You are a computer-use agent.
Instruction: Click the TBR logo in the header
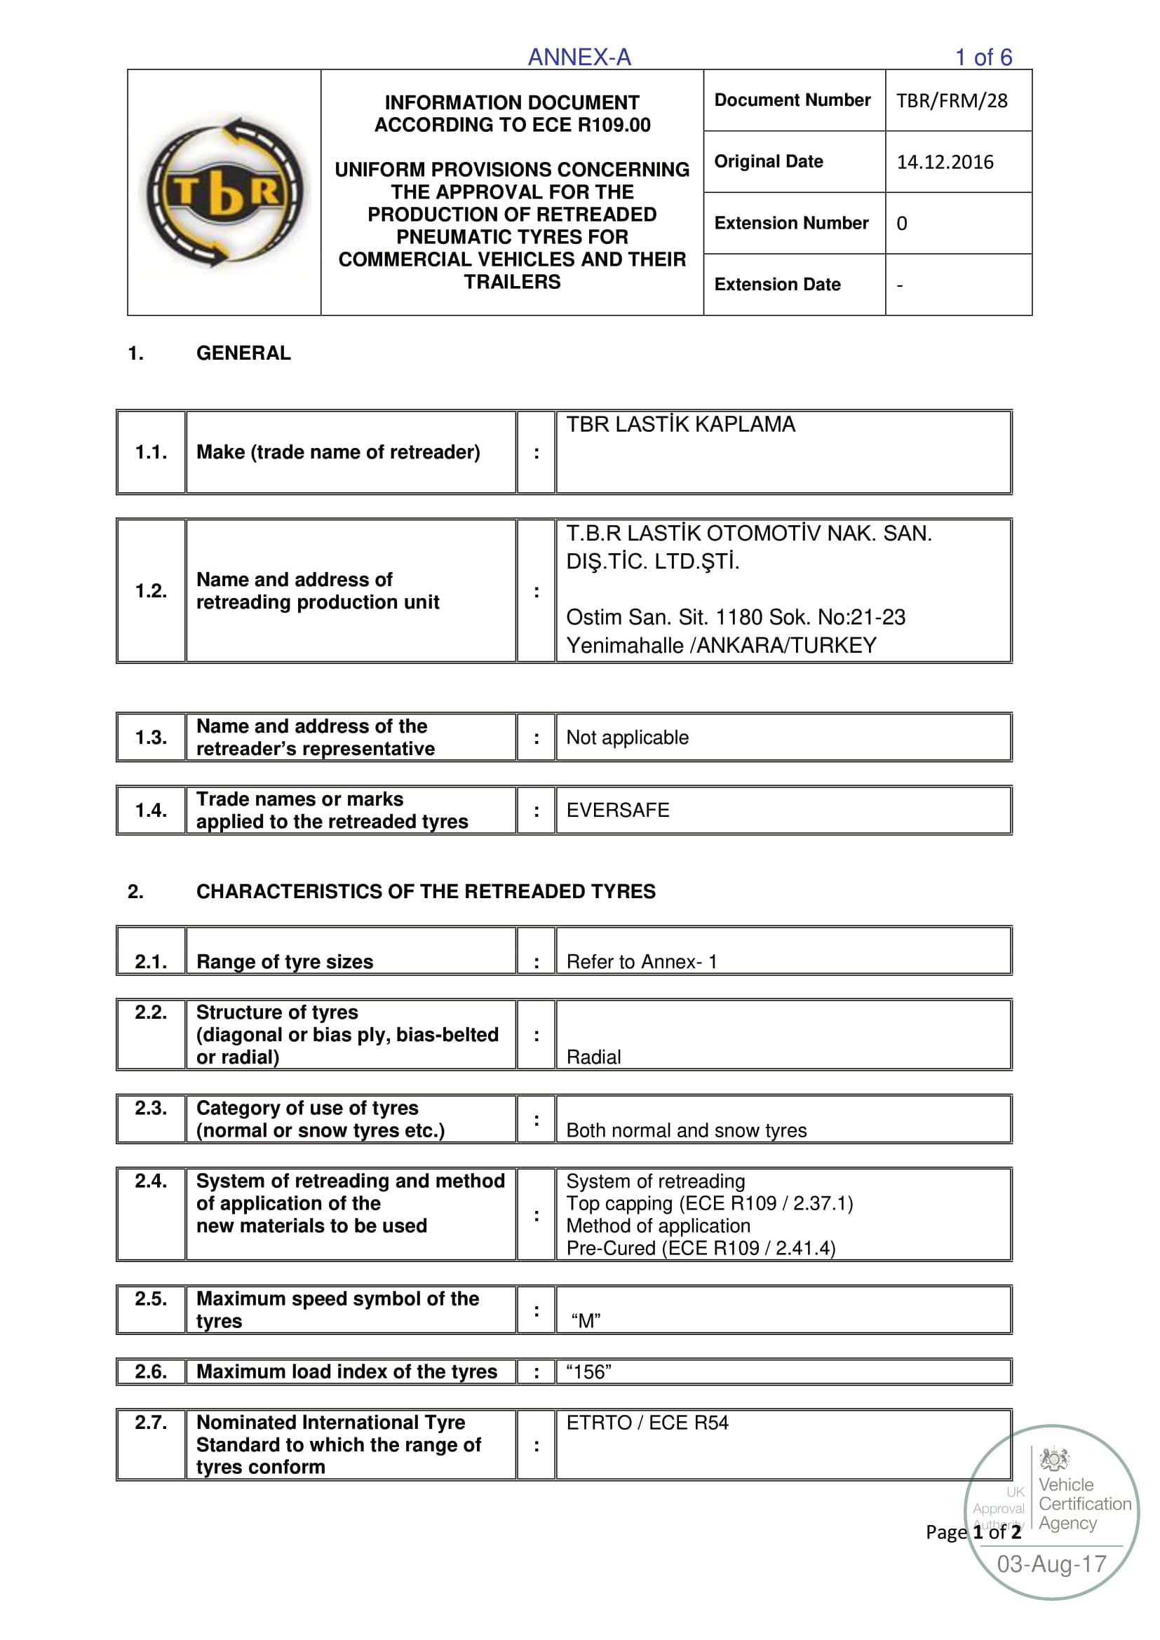click(224, 192)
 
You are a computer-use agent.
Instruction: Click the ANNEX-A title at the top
click(579, 57)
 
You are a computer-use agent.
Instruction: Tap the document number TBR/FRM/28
click(952, 101)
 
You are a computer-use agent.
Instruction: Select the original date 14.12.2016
click(944, 162)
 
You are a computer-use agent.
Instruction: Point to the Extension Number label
click(790, 223)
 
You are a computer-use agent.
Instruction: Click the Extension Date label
click(777, 284)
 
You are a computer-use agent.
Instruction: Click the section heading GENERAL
click(243, 353)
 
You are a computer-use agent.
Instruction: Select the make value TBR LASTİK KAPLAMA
click(680, 424)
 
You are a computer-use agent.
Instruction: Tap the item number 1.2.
click(151, 590)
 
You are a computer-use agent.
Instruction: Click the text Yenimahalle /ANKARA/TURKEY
click(721, 645)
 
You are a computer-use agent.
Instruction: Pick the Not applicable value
click(627, 737)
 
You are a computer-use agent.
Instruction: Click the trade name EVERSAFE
click(617, 810)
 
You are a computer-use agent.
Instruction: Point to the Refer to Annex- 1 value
click(641, 961)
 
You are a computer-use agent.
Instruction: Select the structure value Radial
click(593, 1057)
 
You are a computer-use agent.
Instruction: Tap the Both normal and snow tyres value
click(686, 1130)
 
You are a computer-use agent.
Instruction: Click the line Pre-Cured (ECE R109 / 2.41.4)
click(700, 1248)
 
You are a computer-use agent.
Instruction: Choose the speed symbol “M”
click(586, 1321)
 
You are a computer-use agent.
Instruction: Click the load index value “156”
click(588, 1371)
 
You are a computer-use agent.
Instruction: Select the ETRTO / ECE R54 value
click(647, 1422)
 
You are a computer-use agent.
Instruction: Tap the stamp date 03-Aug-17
click(1051, 1564)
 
